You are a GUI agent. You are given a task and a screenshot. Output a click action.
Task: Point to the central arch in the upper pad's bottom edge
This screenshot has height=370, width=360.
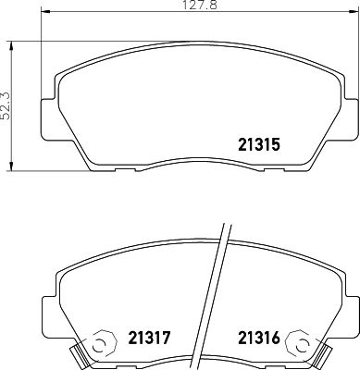[196, 154]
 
